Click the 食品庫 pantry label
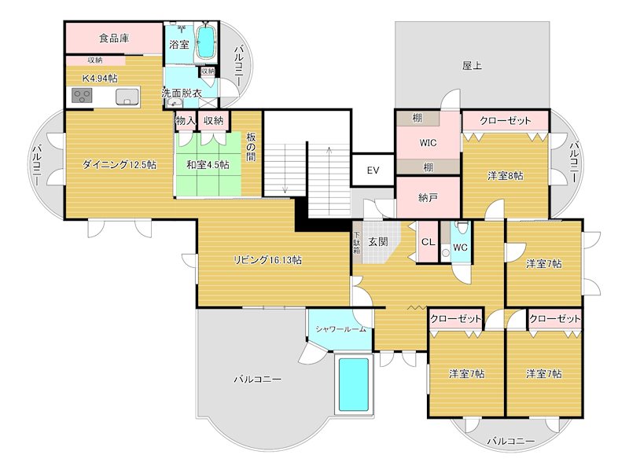[x=114, y=38]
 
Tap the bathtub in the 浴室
[x=205, y=41]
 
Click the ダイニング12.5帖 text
[x=119, y=165]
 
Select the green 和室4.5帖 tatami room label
[x=208, y=165]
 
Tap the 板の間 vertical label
[x=252, y=147]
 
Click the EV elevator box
[x=373, y=170]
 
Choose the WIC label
[x=428, y=143]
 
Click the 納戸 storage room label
[x=428, y=198]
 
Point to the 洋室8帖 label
[x=505, y=175]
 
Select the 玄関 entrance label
[x=377, y=242]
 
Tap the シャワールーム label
[x=340, y=328]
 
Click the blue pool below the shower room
[x=353, y=384]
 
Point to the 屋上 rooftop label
[x=472, y=66]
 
